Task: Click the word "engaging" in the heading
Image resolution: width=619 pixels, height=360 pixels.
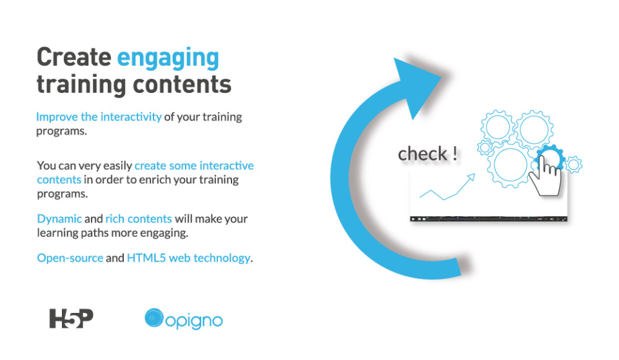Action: (168, 59)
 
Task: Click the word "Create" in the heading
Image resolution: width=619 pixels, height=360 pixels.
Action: (74, 57)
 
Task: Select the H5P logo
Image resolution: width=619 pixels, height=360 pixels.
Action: (72, 319)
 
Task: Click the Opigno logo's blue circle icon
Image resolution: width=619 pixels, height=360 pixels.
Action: (154, 318)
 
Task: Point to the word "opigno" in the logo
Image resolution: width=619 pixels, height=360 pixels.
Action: (194, 321)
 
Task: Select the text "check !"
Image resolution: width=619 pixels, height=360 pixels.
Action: (427, 154)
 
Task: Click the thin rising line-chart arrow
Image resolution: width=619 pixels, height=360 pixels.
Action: (447, 186)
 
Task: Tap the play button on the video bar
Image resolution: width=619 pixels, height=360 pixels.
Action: (413, 219)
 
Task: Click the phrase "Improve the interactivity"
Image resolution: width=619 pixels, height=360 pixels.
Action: (99, 117)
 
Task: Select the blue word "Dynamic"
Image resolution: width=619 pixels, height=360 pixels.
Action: (59, 219)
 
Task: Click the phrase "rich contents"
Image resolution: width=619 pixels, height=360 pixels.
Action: (139, 219)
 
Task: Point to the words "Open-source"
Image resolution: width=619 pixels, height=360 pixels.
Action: (70, 258)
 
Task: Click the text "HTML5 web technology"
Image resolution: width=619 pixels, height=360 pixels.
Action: (189, 258)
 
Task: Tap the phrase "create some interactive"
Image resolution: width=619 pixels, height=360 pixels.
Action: (194, 166)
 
